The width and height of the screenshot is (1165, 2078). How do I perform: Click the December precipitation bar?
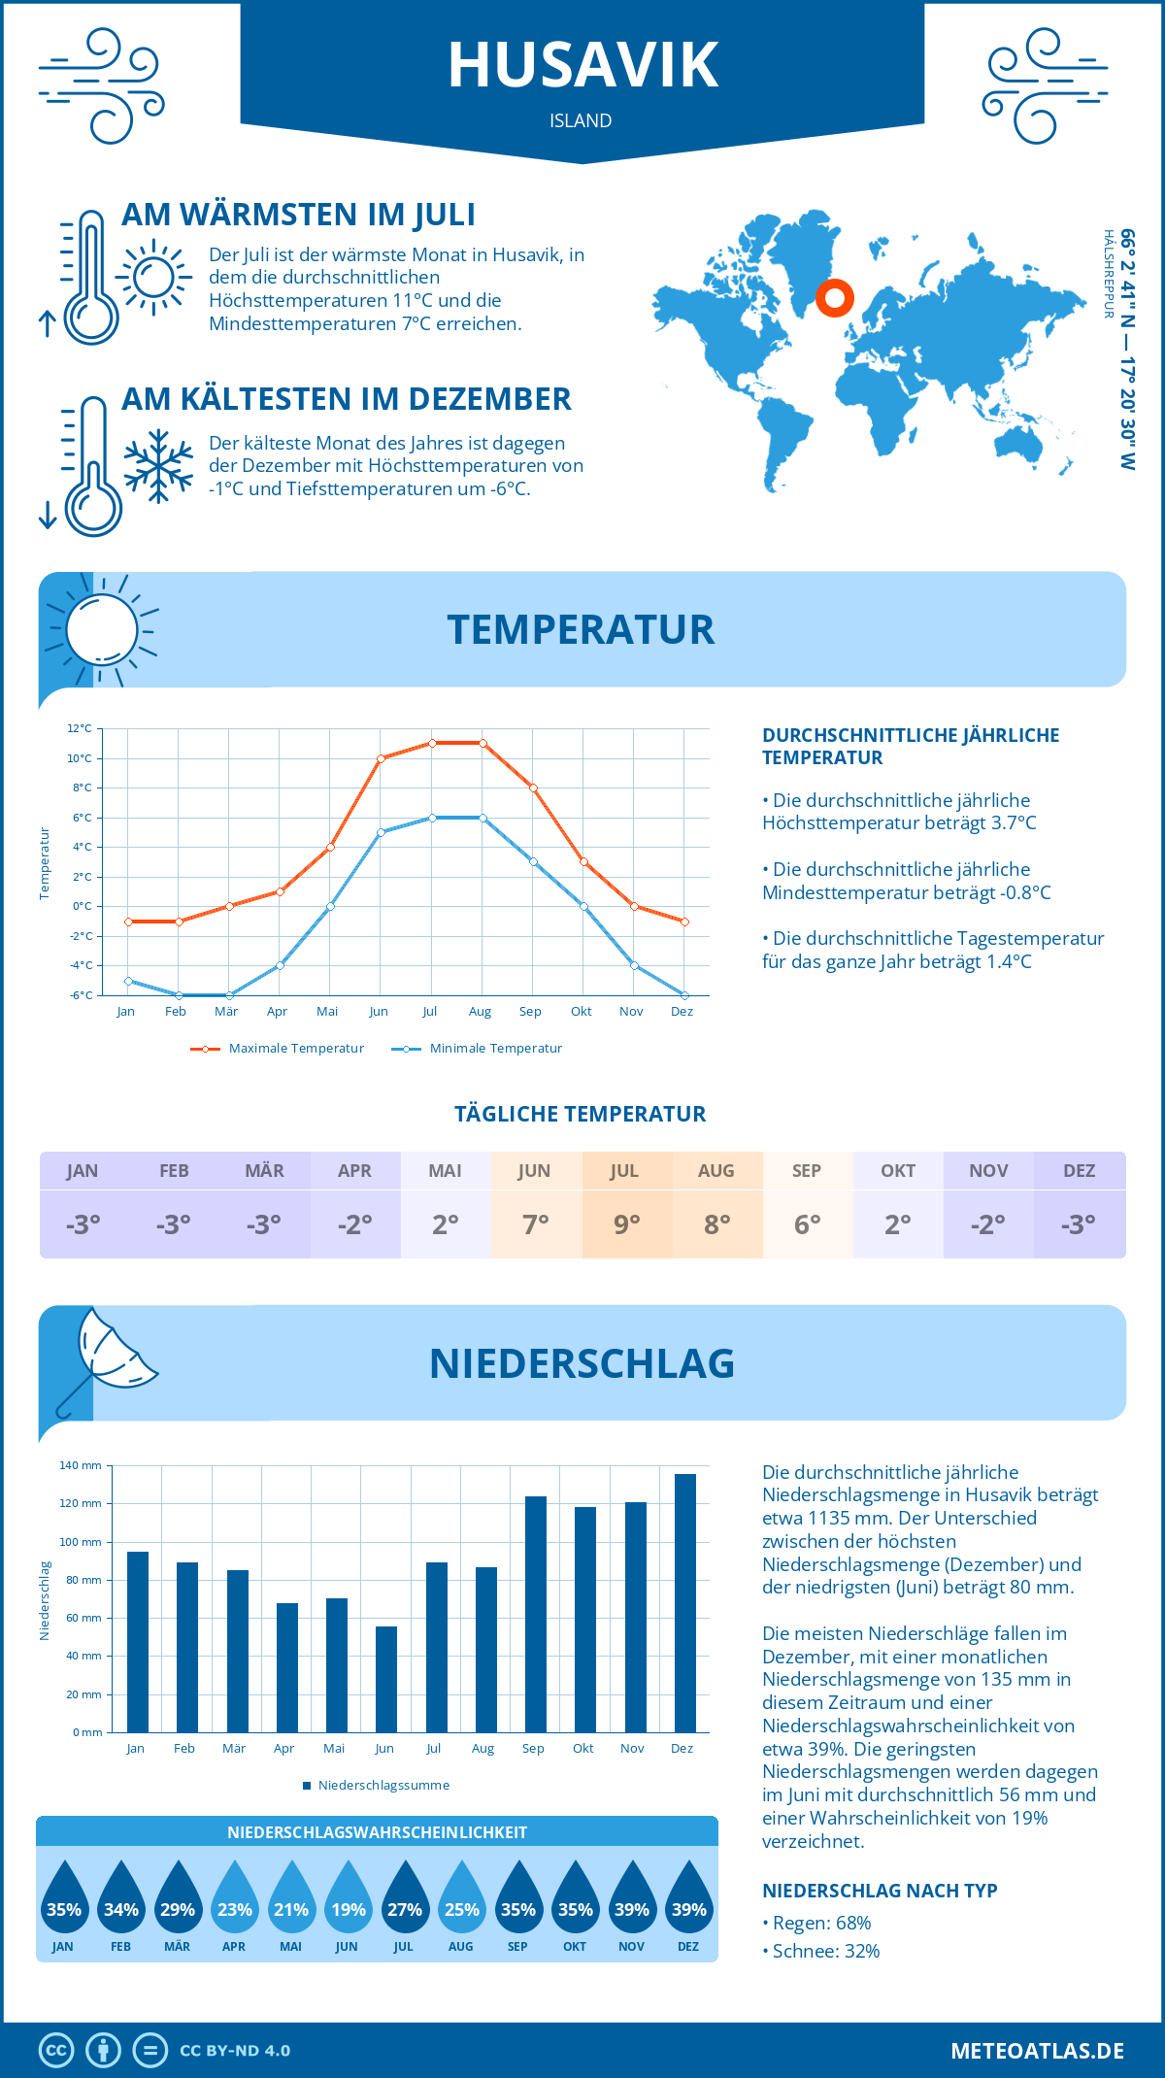[685, 1602]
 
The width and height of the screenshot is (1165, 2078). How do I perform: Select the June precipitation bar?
[386, 1679]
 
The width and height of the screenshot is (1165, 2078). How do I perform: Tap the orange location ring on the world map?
[834, 297]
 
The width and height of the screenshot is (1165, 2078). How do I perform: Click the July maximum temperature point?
[432, 743]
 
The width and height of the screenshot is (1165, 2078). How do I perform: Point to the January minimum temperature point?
[128, 981]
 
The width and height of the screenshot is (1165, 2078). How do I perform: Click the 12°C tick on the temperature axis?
[81, 728]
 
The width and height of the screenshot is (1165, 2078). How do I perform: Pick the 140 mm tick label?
[81, 1465]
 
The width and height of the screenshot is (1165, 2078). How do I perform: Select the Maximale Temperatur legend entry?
[278, 1049]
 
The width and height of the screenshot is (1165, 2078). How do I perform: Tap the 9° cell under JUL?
[626, 1224]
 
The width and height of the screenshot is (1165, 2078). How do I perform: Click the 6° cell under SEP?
[808, 1224]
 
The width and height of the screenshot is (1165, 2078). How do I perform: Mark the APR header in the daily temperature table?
[354, 1171]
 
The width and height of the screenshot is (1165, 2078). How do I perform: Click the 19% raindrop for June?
[348, 1898]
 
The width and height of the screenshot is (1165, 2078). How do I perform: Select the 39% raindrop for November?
[632, 1898]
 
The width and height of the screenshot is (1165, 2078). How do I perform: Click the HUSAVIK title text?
[582, 65]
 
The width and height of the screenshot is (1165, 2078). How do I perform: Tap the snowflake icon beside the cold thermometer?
[158, 466]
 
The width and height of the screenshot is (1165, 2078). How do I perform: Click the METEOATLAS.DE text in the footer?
[1037, 2051]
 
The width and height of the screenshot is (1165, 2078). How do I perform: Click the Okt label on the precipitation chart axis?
[582, 1749]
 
